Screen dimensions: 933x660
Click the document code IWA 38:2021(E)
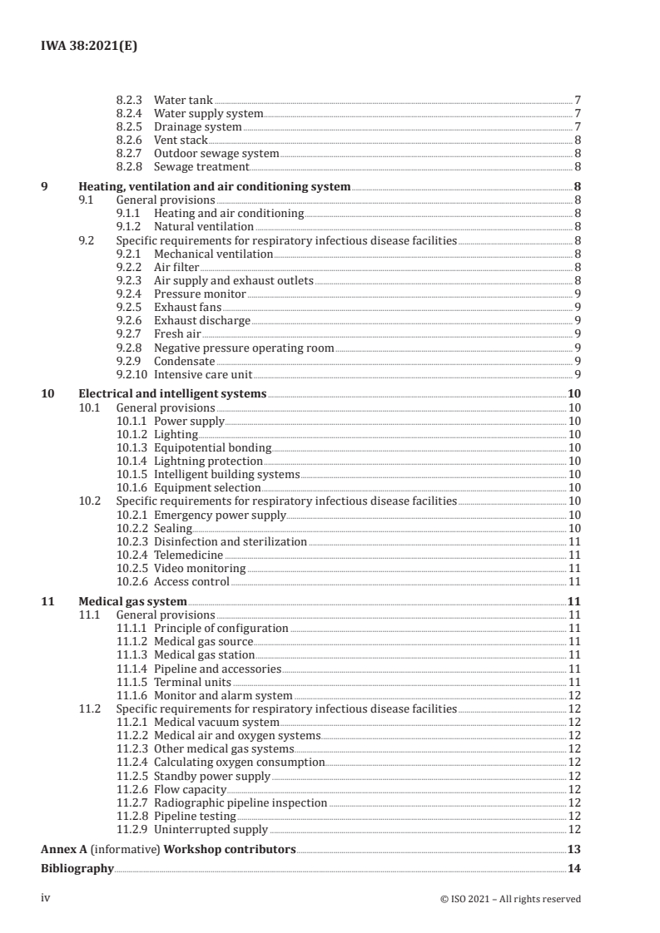coord(89,47)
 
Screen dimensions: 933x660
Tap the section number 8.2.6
coord(128,140)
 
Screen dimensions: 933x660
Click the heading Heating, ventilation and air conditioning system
coord(214,187)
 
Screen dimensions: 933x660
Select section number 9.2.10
coord(132,375)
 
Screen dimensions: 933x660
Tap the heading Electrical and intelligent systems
coord(172,394)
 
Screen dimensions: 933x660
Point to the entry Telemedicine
coord(189,555)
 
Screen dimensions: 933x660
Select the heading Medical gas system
coord(132,601)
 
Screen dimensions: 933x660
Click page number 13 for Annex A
coord(573,849)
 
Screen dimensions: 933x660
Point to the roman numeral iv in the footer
coord(47,898)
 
